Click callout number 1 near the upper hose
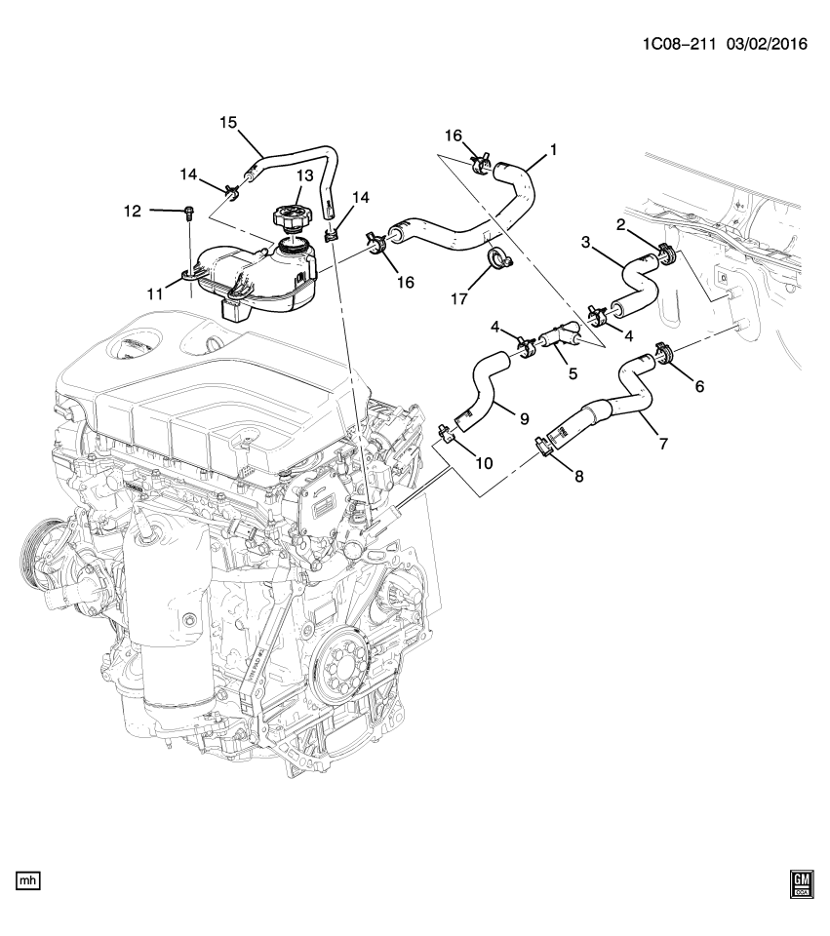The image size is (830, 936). (552, 149)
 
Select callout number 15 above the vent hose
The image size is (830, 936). (228, 122)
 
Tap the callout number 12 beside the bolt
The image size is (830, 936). (133, 210)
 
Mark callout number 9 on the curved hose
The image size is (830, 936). (524, 418)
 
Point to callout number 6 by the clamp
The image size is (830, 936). (696, 385)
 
